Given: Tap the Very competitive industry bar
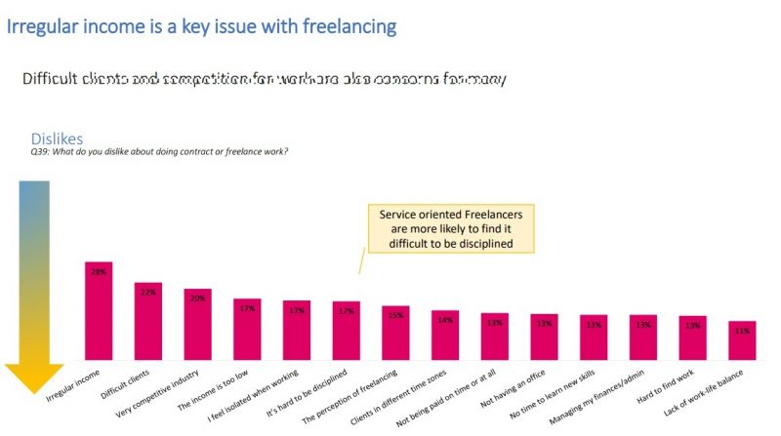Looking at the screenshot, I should [198, 325].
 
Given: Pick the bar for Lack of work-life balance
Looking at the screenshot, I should [742, 341].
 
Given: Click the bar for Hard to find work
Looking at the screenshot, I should [693, 338].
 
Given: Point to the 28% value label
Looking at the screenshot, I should [99, 272].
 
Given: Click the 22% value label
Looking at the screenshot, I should [148, 292].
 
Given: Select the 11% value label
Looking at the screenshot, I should [742, 332].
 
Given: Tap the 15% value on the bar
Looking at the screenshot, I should [395, 315].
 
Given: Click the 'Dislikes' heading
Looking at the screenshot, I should [57, 139].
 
